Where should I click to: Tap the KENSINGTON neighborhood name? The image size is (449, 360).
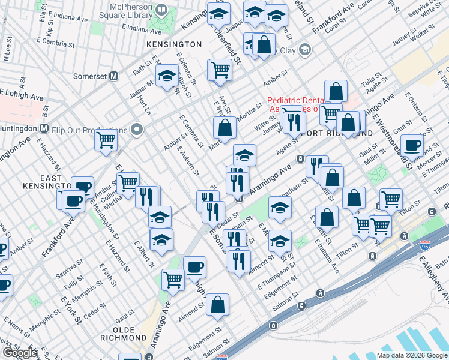click(x=173, y=44)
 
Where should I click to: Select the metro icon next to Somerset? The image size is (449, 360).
click(x=114, y=76)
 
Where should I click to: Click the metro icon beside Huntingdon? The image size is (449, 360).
click(x=44, y=128)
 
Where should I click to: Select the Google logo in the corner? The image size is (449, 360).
click(x=20, y=353)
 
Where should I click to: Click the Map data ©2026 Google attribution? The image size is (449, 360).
click(x=412, y=355)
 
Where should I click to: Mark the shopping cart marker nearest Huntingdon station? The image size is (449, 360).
click(x=106, y=141)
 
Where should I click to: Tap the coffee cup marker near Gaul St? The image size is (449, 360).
click(x=412, y=145)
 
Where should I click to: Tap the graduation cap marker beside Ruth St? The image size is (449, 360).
click(x=166, y=76)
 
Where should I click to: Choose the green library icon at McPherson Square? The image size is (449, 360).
click(x=161, y=10)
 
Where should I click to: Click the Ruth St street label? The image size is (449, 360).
click(x=143, y=67)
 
